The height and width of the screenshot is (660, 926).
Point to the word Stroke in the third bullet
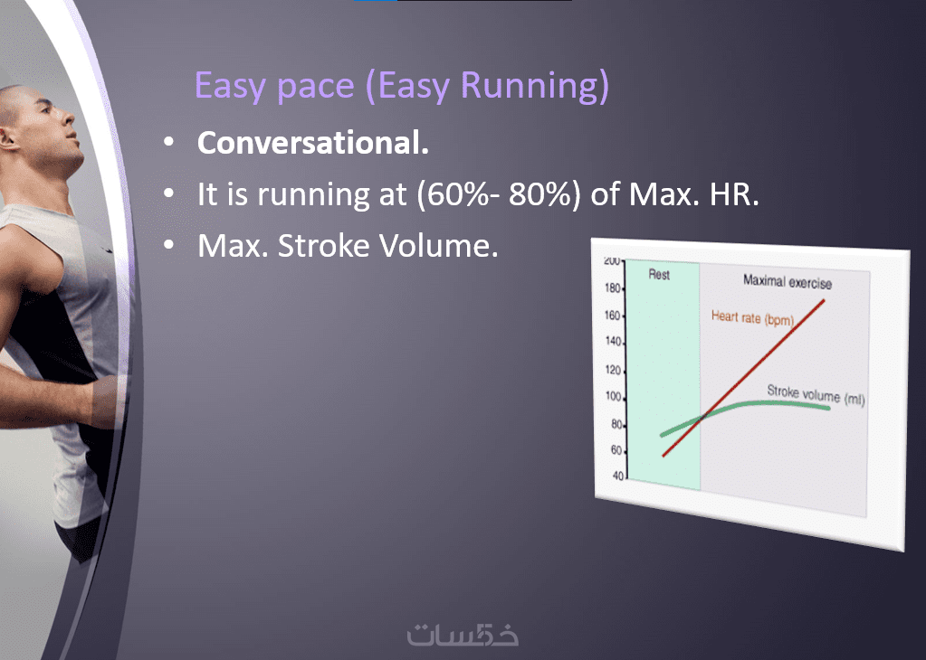coord(324,245)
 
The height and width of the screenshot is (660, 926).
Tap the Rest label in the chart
coord(659,274)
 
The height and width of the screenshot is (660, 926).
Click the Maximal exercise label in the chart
coord(788,282)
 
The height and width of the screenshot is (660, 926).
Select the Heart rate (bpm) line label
coord(752,318)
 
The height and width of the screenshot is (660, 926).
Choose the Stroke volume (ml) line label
coord(816,394)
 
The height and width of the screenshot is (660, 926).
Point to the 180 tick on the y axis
coord(613,288)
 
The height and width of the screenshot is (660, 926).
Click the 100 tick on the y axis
coord(613,396)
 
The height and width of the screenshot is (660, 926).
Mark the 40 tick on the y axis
coord(617,476)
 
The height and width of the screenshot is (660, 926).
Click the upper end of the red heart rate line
coord(824,301)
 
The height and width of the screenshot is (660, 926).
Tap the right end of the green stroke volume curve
coord(829,408)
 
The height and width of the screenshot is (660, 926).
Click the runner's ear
coord(6,138)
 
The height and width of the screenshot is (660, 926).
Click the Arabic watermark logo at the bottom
coord(463,634)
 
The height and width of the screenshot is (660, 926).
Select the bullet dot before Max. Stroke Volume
coord(169,245)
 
